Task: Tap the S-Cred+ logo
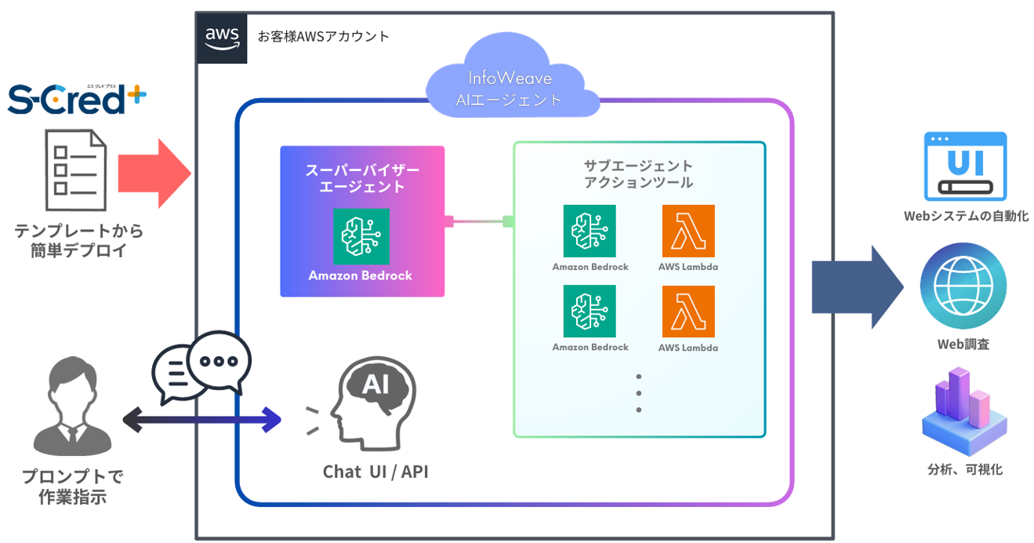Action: [77, 100]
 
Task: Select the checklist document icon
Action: [77, 170]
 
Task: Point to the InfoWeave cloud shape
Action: [510, 85]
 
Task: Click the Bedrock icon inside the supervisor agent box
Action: [361, 236]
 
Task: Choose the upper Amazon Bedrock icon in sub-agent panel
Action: [590, 231]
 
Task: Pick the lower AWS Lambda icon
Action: [688, 312]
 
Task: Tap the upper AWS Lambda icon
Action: [688, 231]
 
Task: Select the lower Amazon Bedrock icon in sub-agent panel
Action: [590, 312]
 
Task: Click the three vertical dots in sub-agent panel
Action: [639, 392]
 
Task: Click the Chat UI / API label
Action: [376, 472]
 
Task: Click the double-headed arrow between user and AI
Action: [201, 420]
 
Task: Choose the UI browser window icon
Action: [965, 166]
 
